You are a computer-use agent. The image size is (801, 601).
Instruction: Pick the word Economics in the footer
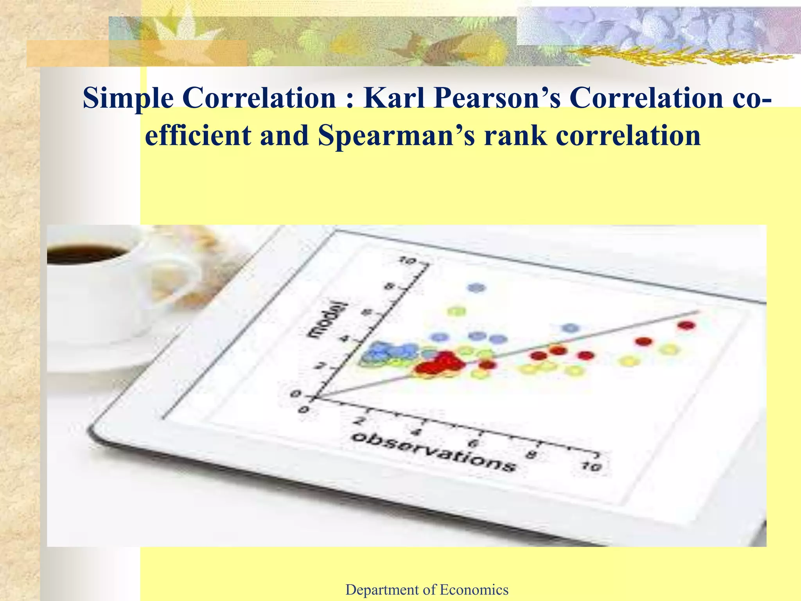[x=474, y=589]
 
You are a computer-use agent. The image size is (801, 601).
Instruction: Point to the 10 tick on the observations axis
[x=591, y=466]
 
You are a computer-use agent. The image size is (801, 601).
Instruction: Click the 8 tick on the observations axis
[x=531, y=455]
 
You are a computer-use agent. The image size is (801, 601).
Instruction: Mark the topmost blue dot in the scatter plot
[x=477, y=288]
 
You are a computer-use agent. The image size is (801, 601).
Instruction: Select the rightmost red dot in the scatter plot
[x=687, y=325]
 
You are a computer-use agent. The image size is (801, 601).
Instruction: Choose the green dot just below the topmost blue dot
[x=457, y=311]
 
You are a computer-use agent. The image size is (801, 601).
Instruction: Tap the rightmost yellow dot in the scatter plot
[x=669, y=349]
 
